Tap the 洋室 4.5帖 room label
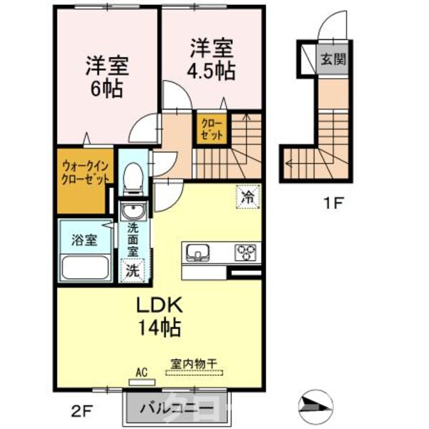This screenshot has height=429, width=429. pos(211,60)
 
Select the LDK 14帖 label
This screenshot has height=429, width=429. pos(161,317)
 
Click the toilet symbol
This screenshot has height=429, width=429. pos(132,177)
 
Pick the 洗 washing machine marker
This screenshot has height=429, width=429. pos(132,270)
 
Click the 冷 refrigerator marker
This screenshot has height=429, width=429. pos(246,197)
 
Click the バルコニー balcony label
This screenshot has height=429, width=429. pos(176,410)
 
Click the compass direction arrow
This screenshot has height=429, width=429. pos(315,405)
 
